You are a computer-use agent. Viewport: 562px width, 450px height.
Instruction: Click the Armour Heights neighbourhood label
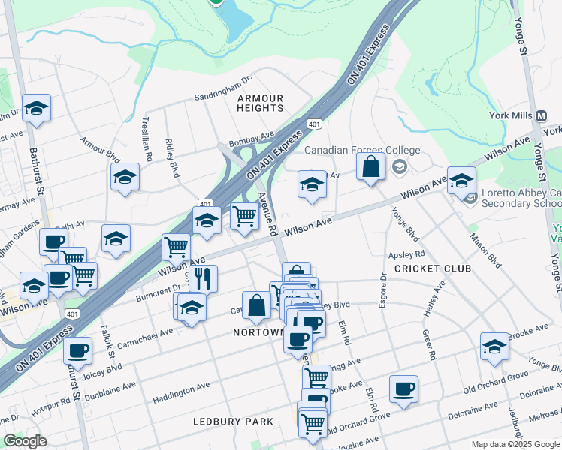coord(260,103)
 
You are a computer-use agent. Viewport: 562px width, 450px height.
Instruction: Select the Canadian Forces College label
coord(362,150)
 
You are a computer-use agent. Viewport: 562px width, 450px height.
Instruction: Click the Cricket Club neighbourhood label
coord(433,268)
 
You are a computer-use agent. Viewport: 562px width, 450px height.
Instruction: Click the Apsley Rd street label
coord(406,254)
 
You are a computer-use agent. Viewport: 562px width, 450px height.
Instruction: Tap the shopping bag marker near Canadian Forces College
coord(371,166)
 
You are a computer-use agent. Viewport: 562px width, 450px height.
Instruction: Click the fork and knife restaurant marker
coord(202,278)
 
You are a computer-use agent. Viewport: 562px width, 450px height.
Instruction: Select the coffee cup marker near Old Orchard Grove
coord(404,388)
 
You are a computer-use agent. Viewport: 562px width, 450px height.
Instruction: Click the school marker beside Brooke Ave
coord(494,346)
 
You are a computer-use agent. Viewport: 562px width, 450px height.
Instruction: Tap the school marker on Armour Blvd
coord(125,178)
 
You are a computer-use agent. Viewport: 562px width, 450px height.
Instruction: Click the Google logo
coord(26,441)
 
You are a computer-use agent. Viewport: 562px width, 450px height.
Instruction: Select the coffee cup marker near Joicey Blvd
coord(77,349)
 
